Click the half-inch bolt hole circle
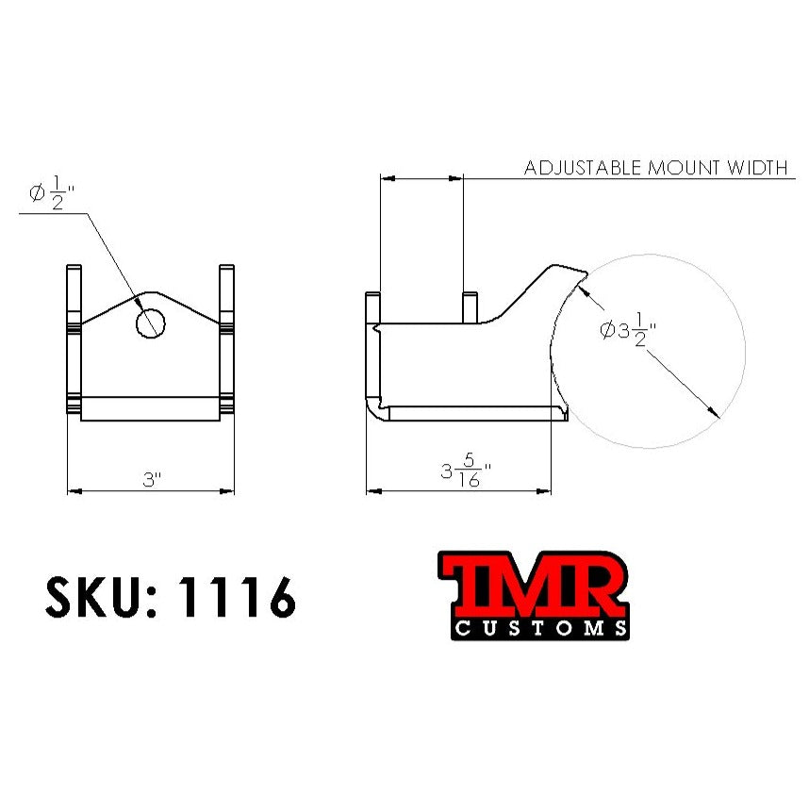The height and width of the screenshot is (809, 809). [151, 322]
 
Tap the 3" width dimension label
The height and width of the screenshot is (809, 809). [152, 479]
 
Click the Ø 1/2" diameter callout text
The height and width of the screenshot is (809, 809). [53, 195]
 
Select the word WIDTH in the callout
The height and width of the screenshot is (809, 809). [757, 169]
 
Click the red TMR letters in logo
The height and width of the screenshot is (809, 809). [533, 586]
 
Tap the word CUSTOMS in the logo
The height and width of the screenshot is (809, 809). [538, 628]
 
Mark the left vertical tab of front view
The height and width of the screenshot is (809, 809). [74, 339]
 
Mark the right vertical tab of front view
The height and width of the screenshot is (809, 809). [226, 339]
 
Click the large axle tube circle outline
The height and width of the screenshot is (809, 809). [745, 351]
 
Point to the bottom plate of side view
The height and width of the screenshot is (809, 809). [471, 412]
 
